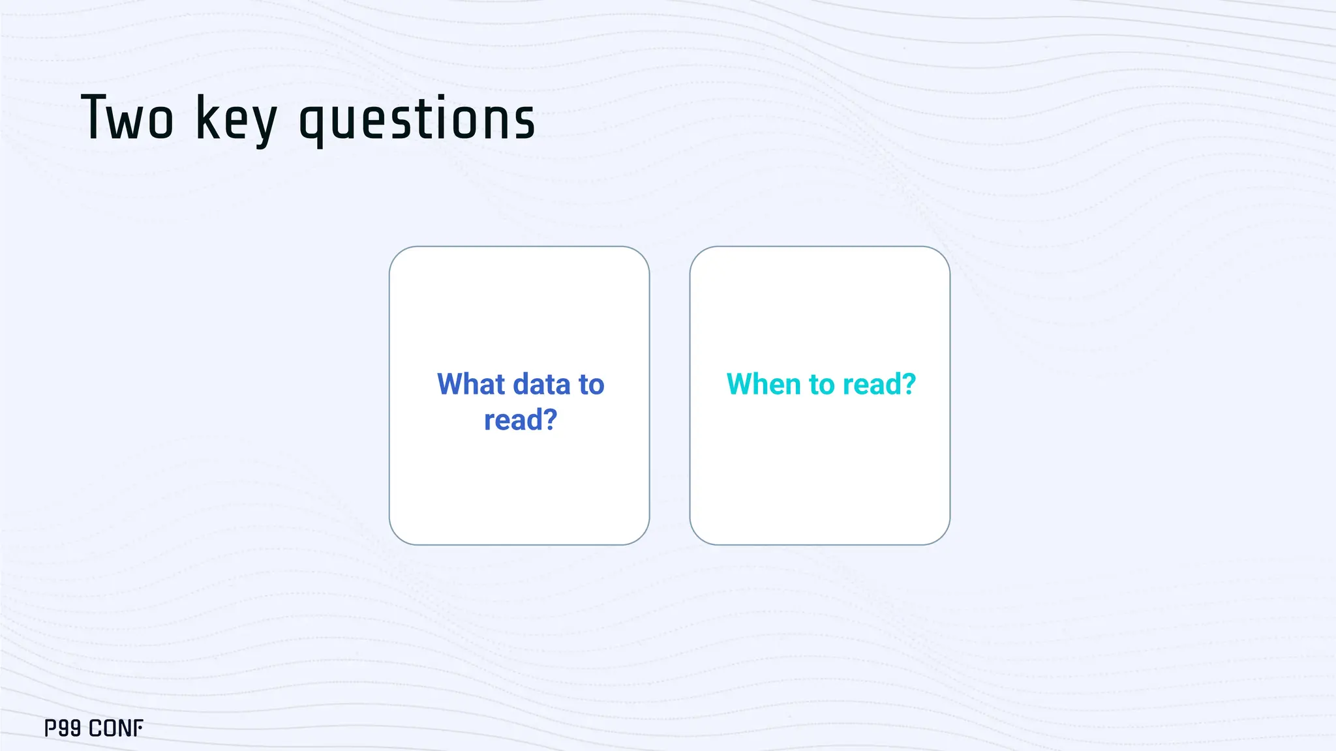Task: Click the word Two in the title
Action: (x=128, y=118)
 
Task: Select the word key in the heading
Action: (x=236, y=119)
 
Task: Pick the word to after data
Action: (x=591, y=385)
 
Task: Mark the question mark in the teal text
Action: (x=909, y=384)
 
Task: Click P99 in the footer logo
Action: (x=63, y=728)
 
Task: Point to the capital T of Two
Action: (x=94, y=117)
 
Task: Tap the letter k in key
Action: (x=207, y=118)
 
